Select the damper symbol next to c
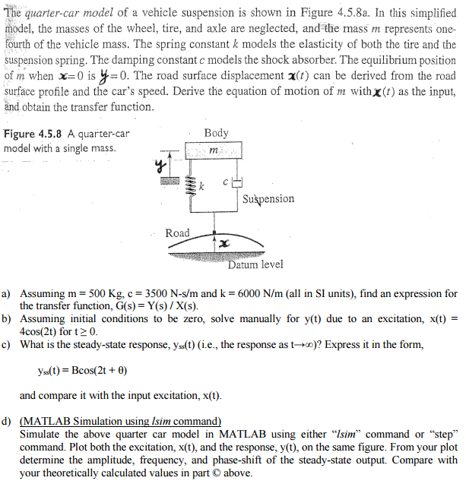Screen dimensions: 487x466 coord(236,183)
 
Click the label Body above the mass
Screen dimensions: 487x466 coord(217,134)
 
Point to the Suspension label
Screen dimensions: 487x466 coord(268,199)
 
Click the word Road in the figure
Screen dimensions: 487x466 coord(177,232)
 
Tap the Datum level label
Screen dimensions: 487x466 coord(255,264)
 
